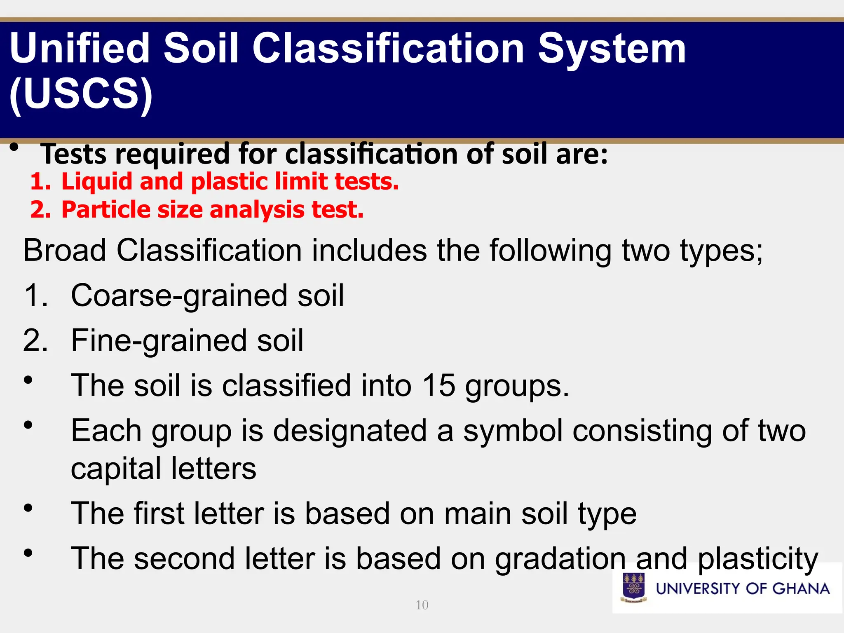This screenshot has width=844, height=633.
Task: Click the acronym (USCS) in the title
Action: (x=81, y=94)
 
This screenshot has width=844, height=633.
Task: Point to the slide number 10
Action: (x=422, y=605)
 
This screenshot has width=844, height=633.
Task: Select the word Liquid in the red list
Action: (x=97, y=181)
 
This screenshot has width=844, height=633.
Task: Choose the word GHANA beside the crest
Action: (x=801, y=588)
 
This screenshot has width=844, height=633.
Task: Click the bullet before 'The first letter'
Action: (x=28, y=508)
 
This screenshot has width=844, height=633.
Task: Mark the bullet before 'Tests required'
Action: (x=14, y=147)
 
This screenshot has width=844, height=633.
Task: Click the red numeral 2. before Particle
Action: (x=40, y=209)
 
